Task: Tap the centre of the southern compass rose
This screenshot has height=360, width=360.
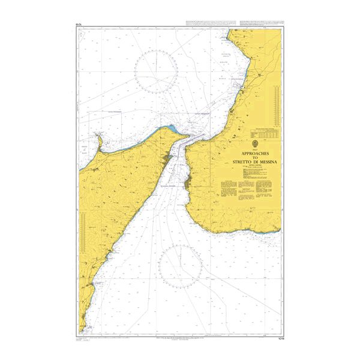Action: point(180,266)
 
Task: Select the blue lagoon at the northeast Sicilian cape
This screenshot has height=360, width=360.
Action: point(173,128)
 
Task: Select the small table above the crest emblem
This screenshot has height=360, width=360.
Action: point(264,131)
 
